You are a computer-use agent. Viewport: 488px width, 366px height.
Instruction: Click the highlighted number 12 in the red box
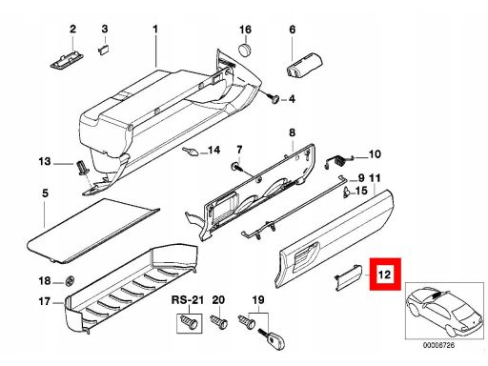tap(384, 274)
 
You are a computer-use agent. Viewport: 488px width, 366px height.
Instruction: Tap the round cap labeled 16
tap(245, 50)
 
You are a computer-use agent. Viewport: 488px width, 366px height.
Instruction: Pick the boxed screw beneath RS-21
tap(189, 322)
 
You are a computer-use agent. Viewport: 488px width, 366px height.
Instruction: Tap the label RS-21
tap(187, 300)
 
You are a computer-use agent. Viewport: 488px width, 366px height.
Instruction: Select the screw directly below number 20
tap(219, 322)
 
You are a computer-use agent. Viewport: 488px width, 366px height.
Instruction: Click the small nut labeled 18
tap(70, 281)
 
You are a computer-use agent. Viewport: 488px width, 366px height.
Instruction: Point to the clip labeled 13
tap(82, 168)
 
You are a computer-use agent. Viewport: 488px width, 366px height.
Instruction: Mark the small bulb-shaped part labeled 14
tap(191, 152)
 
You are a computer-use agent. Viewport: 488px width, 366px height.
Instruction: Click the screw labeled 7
tap(236, 167)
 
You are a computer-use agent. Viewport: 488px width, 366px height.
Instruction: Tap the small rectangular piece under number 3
tap(104, 50)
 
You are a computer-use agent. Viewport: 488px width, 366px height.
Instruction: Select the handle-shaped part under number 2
tap(67, 60)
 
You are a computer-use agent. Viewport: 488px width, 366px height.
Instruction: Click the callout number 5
tap(45, 193)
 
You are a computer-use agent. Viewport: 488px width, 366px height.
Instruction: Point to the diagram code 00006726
tap(438, 345)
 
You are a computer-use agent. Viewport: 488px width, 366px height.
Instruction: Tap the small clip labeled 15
tap(348, 193)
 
